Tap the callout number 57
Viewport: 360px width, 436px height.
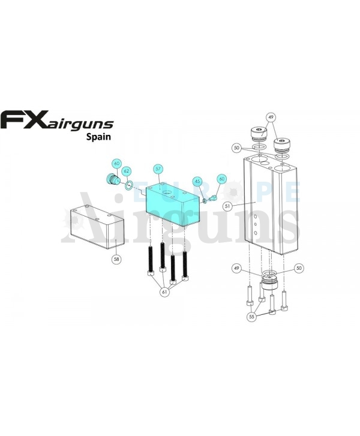tap(158, 170)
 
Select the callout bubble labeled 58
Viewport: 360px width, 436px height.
tap(116, 259)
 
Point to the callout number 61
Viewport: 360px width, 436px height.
tap(164, 292)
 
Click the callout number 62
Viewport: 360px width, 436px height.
tap(127, 171)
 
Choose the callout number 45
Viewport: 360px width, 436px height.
tap(197, 181)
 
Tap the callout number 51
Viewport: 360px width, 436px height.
tap(227, 206)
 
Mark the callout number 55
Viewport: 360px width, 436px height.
tap(252, 316)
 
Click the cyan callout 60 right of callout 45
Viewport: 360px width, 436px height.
tap(221, 179)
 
